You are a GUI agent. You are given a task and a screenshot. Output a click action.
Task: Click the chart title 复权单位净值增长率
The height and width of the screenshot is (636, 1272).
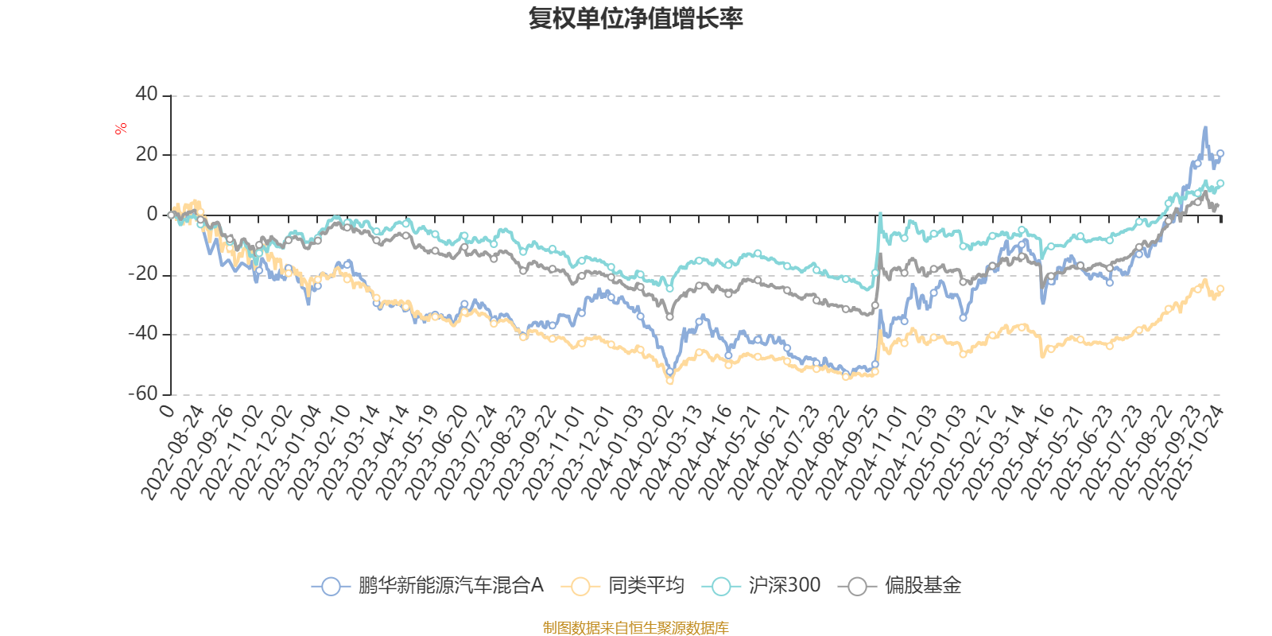point(635,18)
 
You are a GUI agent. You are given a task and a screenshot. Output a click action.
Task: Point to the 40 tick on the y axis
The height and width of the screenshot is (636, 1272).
point(147,95)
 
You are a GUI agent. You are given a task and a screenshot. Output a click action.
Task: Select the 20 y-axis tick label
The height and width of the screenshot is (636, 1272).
point(147,154)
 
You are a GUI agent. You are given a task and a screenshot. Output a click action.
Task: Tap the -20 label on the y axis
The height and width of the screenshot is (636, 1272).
point(144,274)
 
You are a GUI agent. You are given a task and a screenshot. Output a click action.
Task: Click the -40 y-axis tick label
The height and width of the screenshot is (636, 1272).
point(144,334)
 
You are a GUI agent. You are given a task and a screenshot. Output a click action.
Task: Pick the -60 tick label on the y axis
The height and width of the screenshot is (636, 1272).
point(144,394)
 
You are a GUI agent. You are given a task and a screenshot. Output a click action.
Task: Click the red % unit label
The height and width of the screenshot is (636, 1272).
point(121,129)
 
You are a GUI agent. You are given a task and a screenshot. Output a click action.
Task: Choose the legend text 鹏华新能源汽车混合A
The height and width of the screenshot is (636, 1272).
point(451,586)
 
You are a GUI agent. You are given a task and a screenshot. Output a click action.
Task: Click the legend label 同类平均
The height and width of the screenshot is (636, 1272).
point(646,586)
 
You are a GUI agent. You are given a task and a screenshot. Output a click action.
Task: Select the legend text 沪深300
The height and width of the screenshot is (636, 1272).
point(785,586)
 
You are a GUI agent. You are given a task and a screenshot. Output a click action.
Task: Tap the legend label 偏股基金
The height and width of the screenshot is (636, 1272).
point(923,586)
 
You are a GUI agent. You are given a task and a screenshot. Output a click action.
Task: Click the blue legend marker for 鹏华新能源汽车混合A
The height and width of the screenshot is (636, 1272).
point(331,587)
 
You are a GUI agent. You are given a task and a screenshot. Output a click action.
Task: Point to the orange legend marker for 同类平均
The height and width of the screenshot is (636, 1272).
point(580,587)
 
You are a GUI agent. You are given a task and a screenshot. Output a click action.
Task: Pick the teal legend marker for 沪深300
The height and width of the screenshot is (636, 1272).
point(721,587)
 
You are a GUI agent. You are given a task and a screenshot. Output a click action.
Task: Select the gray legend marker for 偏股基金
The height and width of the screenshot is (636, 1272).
point(857,587)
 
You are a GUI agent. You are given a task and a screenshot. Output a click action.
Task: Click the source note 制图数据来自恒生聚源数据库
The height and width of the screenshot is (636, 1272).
point(635,628)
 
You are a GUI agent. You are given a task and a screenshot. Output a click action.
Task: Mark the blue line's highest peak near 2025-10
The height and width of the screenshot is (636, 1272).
point(1205,127)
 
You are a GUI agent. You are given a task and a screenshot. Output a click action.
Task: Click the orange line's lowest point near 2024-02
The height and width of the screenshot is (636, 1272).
point(669,383)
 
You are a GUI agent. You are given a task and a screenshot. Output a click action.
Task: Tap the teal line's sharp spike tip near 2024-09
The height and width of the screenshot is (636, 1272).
point(880,213)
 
